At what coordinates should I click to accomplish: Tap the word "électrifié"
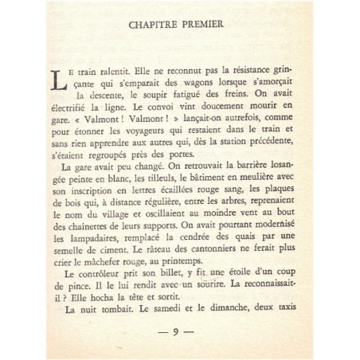pos(74,113)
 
